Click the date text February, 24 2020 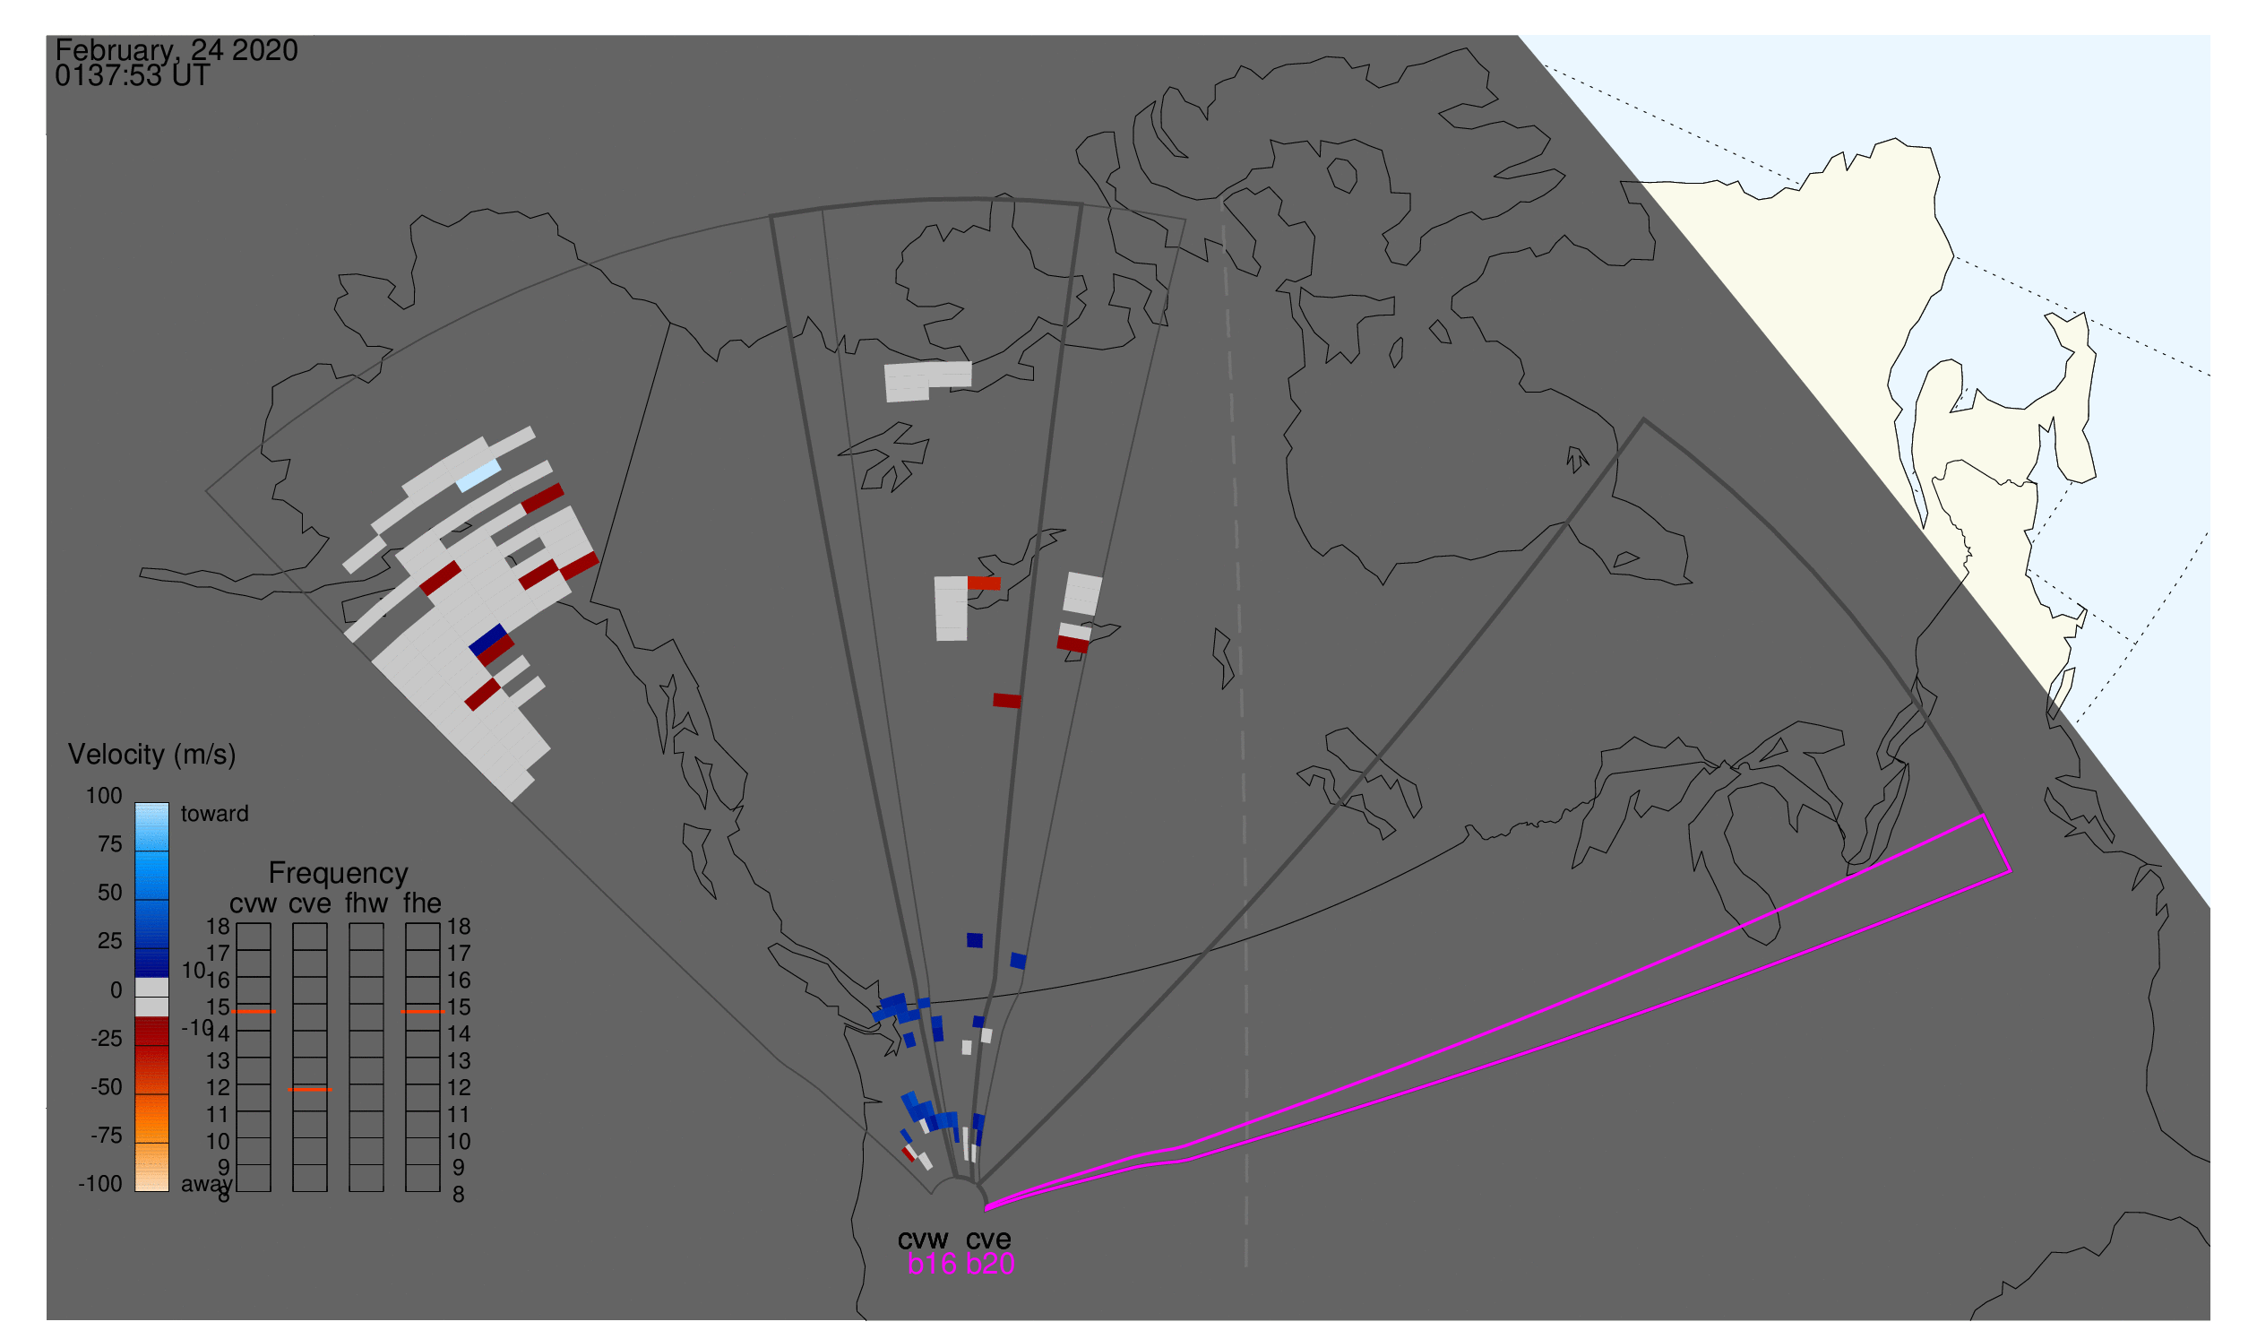[177, 50]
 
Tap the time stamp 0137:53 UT [133, 76]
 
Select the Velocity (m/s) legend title [152, 755]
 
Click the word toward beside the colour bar [215, 814]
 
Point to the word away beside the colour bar [207, 1184]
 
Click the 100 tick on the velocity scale [104, 796]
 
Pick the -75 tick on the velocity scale [107, 1135]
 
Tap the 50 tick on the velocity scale [110, 893]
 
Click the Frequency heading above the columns [339, 874]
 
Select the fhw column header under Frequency [366, 903]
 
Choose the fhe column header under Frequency [422, 903]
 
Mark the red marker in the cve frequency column [309, 1089]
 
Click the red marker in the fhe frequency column [422, 1012]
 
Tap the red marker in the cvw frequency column [254, 1012]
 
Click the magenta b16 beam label [932, 1264]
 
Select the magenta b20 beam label [990, 1264]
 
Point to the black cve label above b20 [988, 1240]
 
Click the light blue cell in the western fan [478, 476]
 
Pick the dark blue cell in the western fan [488, 640]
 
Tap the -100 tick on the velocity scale [100, 1184]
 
